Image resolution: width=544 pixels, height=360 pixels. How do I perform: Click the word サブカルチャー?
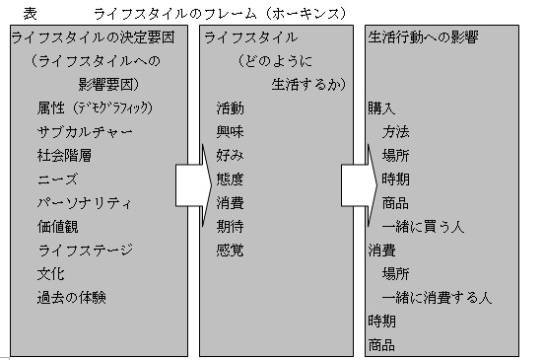click(x=84, y=130)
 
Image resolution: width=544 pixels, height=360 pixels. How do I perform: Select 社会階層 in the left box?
click(x=62, y=154)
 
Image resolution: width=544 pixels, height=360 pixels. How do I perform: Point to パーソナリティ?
click(x=84, y=202)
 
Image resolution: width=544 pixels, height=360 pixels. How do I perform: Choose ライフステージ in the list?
click(x=84, y=250)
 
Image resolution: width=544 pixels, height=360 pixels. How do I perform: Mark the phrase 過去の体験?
click(x=70, y=297)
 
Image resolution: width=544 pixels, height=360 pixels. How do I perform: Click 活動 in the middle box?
click(x=230, y=107)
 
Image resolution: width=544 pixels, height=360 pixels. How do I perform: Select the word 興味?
click(x=230, y=130)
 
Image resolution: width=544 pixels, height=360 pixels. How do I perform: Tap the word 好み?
click(x=230, y=154)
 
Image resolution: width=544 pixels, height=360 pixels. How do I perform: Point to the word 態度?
click(x=230, y=179)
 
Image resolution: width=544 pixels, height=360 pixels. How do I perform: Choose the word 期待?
click(x=230, y=226)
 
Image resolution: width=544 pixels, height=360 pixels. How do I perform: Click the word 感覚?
click(x=230, y=250)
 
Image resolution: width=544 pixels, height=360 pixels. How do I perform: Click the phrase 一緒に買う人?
click(x=428, y=226)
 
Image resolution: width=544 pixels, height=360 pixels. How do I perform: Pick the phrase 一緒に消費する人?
click(x=436, y=297)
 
